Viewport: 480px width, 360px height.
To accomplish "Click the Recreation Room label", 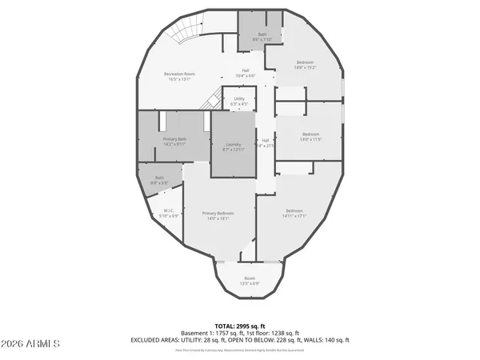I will [x=178, y=77].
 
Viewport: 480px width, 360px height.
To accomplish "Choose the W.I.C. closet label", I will [x=169, y=213].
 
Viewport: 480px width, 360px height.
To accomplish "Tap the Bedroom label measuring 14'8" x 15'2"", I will [x=306, y=65].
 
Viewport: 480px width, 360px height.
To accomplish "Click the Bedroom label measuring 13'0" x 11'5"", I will [x=310, y=136].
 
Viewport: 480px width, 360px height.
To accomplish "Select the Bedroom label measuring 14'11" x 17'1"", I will [x=294, y=213].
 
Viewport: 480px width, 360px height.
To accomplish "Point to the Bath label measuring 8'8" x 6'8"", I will [x=159, y=180].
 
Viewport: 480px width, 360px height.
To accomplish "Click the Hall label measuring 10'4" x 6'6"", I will [x=246, y=73].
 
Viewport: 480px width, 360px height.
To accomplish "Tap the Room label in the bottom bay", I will [x=250, y=281].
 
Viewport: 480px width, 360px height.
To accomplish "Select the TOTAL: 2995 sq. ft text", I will [x=240, y=326].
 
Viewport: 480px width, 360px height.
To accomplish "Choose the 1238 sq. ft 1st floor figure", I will [x=284, y=333].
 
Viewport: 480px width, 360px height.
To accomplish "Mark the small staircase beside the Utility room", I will [x=212, y=101].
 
